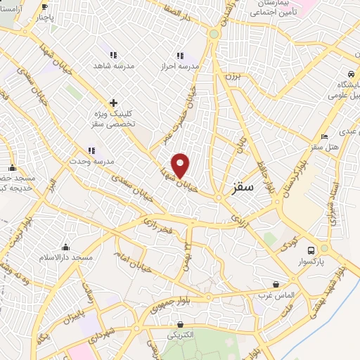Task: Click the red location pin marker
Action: click(181, 165)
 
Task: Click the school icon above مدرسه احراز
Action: click(180, 55)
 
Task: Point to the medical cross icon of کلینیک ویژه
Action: click(113, 103)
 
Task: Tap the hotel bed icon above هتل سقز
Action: click(324, 137)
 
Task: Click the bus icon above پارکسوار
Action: click(311, 250)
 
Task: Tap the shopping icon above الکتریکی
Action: click(181, 325)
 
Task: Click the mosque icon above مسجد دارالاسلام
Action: click(65, 247)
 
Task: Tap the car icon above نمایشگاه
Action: click(350, 74)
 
